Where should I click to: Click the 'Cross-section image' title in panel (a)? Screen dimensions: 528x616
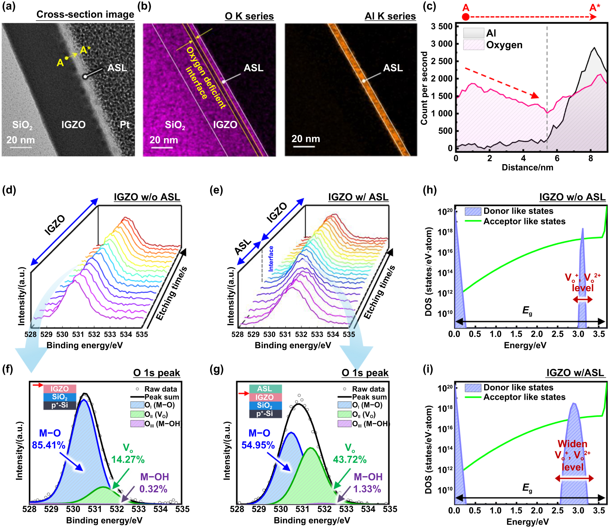point(85,14)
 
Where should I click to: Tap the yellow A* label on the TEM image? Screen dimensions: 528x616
point(85,50)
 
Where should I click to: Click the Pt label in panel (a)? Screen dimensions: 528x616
point(125,125)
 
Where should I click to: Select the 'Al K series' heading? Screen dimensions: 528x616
point(390,16)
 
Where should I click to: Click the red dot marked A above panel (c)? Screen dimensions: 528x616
point(465,17)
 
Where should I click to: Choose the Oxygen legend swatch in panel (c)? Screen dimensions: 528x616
point(473,45)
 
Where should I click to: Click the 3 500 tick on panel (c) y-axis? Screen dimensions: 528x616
point(442,27)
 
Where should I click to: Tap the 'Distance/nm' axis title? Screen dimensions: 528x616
point(527,167)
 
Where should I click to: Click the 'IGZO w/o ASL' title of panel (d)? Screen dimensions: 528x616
point(147,197)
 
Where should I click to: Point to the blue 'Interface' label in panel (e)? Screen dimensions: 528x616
point(271,259)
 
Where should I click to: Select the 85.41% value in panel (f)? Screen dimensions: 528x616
point(49,445)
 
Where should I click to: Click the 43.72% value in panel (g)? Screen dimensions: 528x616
point(350,460)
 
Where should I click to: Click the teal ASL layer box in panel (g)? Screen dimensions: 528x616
point(265,389)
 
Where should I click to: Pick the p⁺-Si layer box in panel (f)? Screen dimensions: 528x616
point(60,405)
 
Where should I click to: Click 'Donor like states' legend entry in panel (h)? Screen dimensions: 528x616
point(518,211)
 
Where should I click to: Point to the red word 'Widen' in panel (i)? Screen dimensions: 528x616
point(572,444)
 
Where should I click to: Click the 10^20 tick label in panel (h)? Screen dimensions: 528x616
point(445,212)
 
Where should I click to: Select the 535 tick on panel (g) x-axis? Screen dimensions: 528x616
point(390,509)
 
